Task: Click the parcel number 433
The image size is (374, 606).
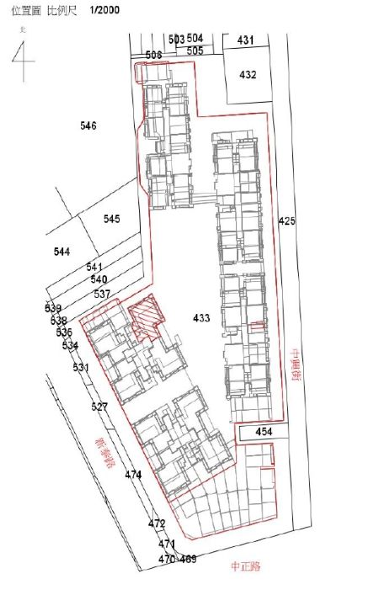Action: (201, 317)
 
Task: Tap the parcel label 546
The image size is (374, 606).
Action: (88, 125)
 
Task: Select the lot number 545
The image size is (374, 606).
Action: (112, 219)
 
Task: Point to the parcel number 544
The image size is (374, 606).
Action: (61, 252)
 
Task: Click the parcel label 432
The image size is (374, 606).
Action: (248, 75)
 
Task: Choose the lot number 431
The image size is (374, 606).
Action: (245, 40)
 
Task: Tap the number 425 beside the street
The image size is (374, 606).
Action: (286, 221)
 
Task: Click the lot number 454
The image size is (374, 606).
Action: (264, 432)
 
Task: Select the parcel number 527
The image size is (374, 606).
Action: (99, 407)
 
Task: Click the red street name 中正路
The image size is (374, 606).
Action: (247, 566)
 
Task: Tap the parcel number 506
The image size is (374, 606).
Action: (153, 55)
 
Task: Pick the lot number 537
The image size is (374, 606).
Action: (102, 294)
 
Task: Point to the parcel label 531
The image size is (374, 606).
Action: (81, 368)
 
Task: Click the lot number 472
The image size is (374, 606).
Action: (157, 524)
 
